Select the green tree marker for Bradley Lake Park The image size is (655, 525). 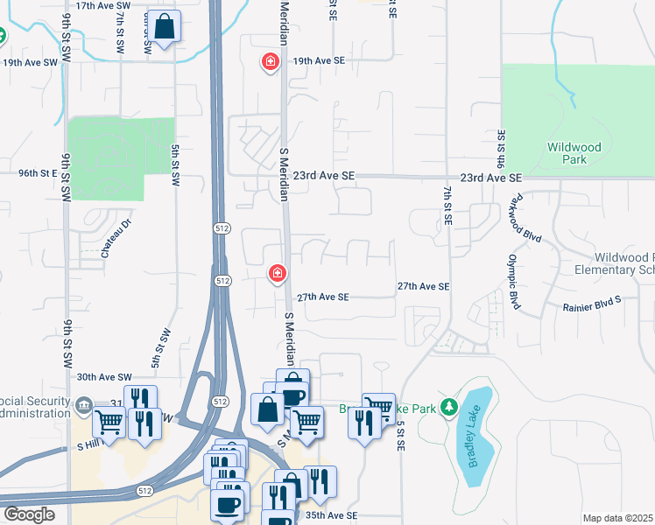[449, 408]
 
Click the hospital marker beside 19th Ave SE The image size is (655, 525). [271, 61]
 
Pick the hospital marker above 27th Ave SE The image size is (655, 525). [278, 275]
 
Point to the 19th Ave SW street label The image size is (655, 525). [30, 63]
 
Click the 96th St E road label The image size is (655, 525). [38, 174]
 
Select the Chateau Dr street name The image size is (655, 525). [115, 237]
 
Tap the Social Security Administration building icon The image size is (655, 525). [84, 404]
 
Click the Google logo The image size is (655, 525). [29, 514]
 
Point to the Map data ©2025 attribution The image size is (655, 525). [617, 518]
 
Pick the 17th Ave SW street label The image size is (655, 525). [103, 5]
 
